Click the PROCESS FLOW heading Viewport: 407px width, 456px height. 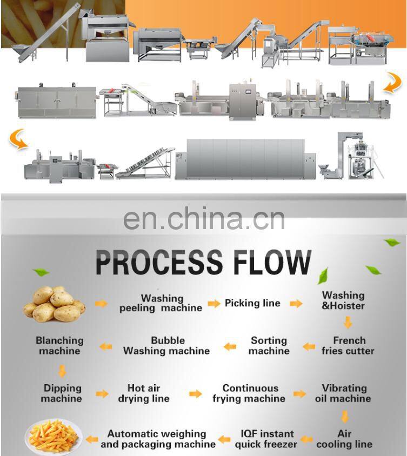(203, 262)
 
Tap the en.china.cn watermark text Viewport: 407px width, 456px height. (204, 219)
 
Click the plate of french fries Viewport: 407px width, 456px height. (53, 436)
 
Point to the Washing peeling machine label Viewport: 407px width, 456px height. (161, 303)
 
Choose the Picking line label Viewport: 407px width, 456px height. (252, 303)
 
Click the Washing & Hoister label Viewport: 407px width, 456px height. (343, 300)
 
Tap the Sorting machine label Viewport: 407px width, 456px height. (269, 346)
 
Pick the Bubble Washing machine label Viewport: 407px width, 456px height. (166, 346)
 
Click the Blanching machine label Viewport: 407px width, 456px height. (59, 346)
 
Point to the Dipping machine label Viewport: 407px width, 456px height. (62, 393)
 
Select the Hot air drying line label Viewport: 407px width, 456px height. (144, 393)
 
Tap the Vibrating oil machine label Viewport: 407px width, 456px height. (343, 393)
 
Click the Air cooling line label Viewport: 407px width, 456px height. (344, 439)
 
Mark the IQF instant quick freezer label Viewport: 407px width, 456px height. (266, 439)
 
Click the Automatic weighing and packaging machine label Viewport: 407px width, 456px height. (157, 439)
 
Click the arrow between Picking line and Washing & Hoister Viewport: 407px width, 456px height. (296, 304)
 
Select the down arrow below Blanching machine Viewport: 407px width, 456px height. (62, 371)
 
